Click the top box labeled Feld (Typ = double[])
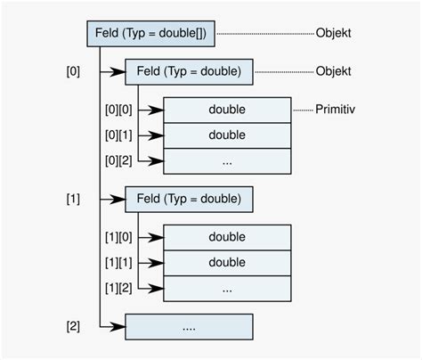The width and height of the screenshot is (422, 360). coord(150,34)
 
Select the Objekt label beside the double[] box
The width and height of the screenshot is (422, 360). coord(333,34)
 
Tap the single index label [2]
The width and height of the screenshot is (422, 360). coord(73,326)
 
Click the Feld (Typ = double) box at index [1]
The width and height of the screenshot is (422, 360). coord(189,199)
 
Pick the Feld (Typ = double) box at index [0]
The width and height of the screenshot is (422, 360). coord(189,71)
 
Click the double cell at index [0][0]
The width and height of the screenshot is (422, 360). coord(227,110)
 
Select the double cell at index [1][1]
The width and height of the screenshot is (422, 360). coord(227,263)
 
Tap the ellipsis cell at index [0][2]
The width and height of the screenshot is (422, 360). coord(227,161)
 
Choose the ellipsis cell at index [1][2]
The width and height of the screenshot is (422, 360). coord(227,289)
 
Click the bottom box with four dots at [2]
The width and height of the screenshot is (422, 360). coord(189,326)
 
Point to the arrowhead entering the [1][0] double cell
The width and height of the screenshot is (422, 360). coord(158,237)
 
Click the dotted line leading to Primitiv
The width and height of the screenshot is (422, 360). coord(303,110)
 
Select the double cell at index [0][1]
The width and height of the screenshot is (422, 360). coord(227,135)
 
